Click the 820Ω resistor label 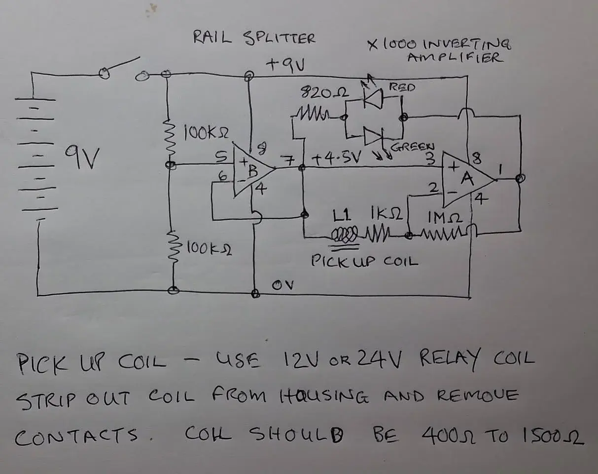(324, 93)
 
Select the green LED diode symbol (373, 136)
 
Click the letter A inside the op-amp (467, 178)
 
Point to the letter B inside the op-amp (252, 171)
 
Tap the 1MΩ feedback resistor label (445, 218)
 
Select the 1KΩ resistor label (386, 214)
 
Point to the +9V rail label (285, 65)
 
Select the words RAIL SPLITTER (254, 38)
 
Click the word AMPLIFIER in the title (455, 58)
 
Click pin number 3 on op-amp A (430, 159)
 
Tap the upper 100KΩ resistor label (206, 133)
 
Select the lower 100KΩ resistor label (210, 248)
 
